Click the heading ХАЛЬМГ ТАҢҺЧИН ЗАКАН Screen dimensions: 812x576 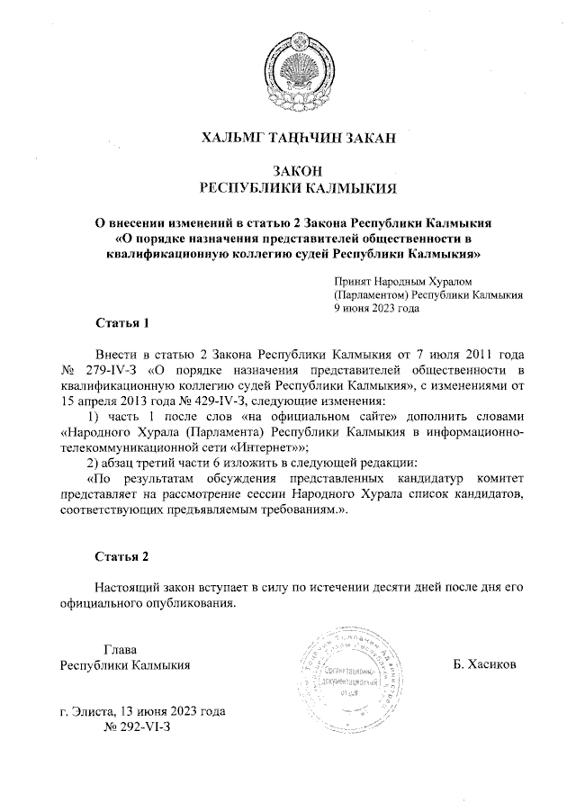tap(298, 138)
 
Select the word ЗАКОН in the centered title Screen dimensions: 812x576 tap(298, 171)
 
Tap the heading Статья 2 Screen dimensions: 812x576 tap(121, 556)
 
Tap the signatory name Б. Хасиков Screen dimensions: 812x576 tap(486, 665)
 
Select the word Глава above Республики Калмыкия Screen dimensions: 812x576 tap(120, 650)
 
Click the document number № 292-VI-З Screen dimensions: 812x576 tap(138, 726)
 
